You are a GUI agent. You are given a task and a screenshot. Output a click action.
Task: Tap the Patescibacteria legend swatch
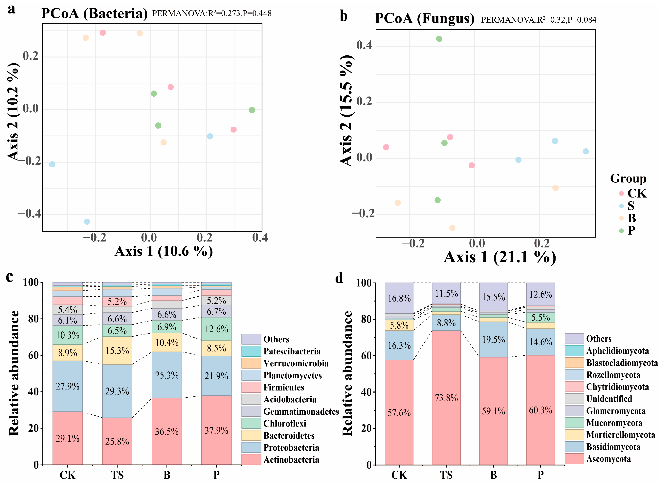251,351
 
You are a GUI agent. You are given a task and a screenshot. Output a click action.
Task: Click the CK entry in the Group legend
637,194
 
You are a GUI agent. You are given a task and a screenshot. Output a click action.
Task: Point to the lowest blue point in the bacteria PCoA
87,222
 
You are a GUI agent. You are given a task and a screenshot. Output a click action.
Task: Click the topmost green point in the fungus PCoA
439,39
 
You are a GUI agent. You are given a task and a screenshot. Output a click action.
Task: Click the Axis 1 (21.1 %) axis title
499,257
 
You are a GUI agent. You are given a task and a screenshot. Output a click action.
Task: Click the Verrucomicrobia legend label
296,363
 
